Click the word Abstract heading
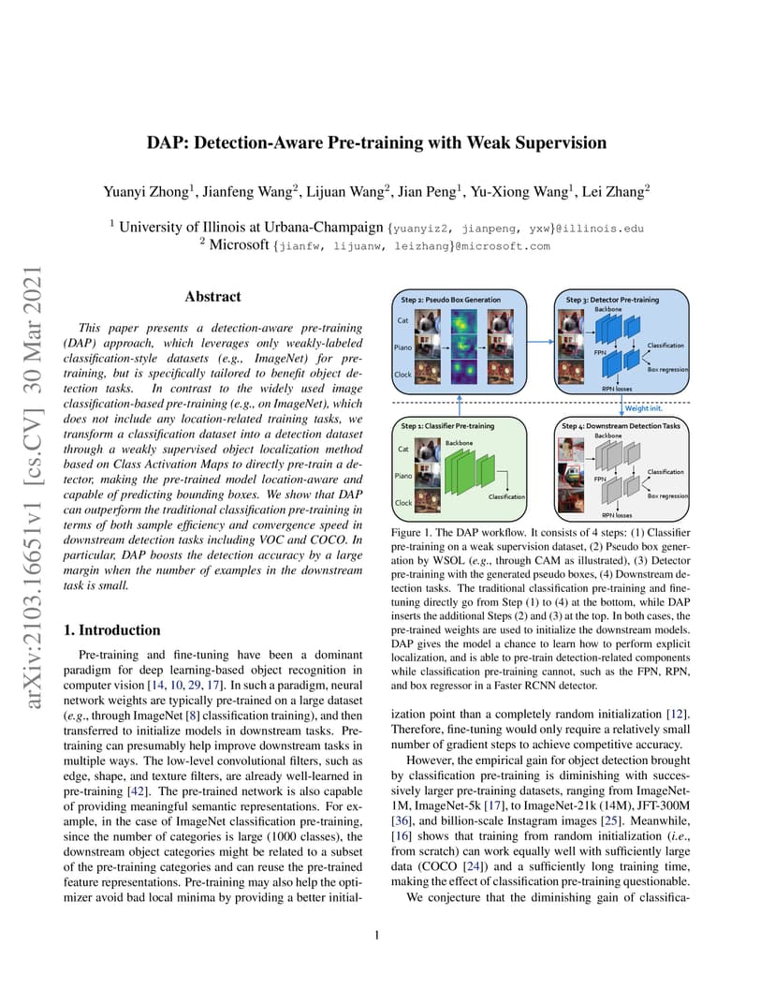pos(212,297)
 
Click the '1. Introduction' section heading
pos(112,630)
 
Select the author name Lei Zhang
pos(613,191)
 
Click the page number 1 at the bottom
pos(377,935)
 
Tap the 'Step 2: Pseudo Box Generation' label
pos(450,300)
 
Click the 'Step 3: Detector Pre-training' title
pos(612,300)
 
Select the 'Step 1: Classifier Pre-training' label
pos(447,426)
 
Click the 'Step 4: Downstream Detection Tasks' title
pos(621,426)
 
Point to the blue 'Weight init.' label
pos(643,408)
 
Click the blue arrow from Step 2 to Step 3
pos(540,342)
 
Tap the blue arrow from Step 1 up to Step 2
pos(459,406)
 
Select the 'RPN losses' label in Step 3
pos(616,389)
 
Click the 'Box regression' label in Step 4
pos(667,495)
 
